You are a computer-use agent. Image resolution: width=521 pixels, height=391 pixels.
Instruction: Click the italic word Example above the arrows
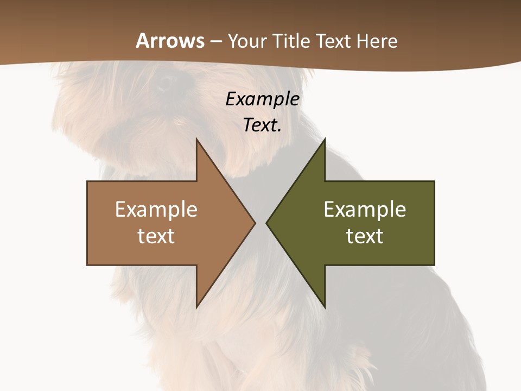pos(262,99)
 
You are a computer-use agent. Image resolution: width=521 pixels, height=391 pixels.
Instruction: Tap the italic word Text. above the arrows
pos(262,125)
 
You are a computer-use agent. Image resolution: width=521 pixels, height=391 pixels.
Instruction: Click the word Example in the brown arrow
pos(156,210)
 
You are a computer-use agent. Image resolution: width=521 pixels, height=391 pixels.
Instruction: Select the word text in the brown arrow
pos(156,236)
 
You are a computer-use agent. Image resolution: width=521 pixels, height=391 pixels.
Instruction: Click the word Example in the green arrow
pos(365,210)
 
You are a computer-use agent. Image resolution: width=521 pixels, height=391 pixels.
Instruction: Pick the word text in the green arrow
pos(365,236)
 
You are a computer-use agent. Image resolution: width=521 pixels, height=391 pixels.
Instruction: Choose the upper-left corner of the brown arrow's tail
pos(88,182)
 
